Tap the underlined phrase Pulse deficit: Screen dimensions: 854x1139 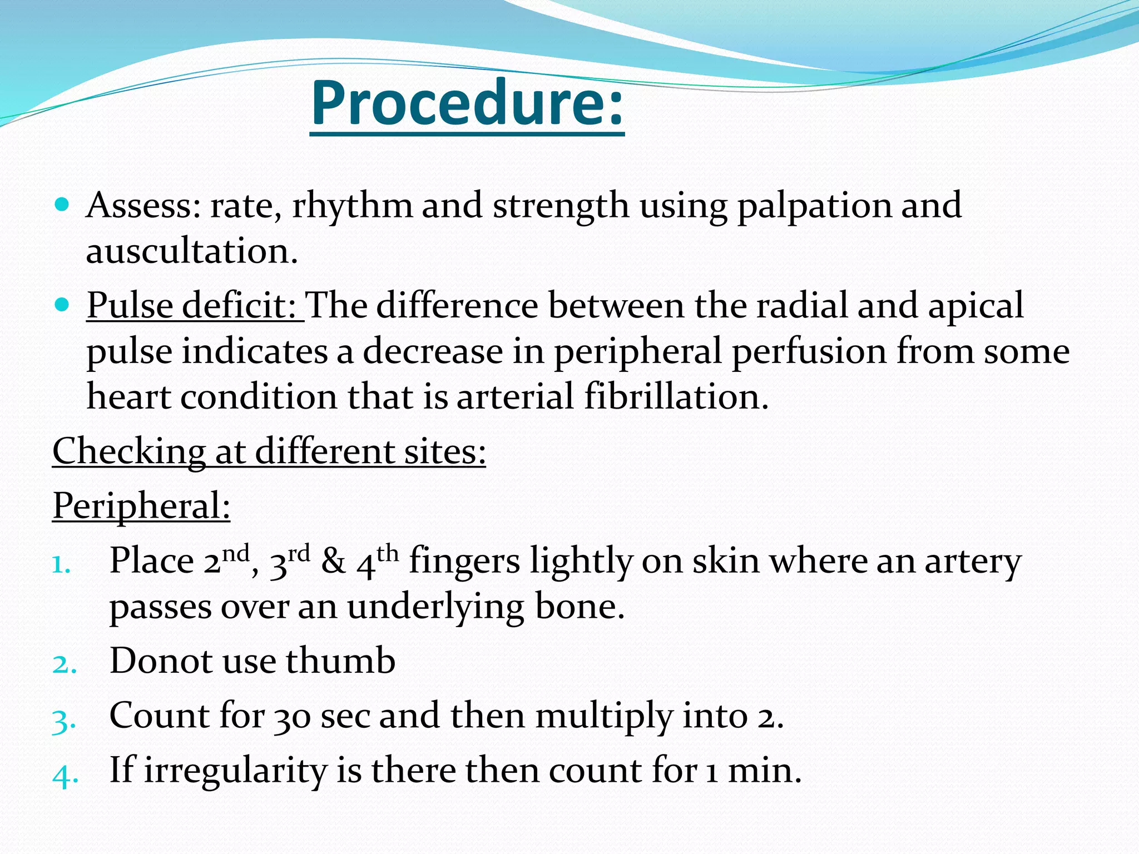[195, 306]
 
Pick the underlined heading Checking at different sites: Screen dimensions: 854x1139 [269, 451]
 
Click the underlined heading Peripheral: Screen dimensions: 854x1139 [141, 507]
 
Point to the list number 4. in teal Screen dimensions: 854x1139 [65, 776]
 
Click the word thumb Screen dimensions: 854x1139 [340, 661]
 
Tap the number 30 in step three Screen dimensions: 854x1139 [293, 717]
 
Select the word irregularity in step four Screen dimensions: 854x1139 [235, 772]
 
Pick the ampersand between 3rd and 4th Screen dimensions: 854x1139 [333, 562]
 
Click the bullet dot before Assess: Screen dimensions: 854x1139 [63, 205]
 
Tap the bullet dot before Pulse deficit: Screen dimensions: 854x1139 [63, 305]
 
